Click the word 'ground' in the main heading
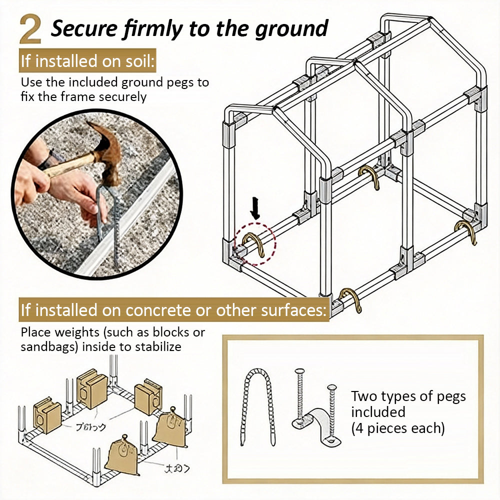291,29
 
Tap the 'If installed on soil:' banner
88,61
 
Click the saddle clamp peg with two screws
316,410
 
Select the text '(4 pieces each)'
397,428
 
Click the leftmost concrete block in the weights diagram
46,415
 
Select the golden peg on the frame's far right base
465,231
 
